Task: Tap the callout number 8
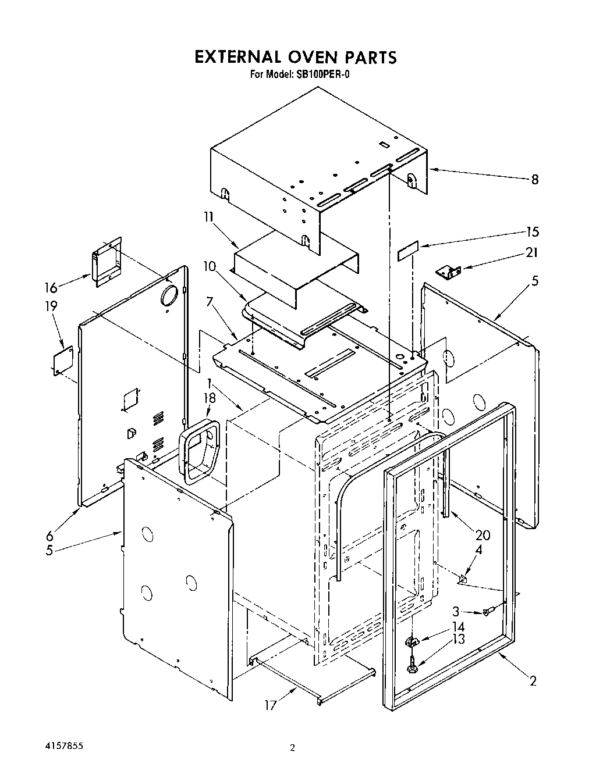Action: click(534, 180)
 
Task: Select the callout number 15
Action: click(532, 231)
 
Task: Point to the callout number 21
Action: click(531, 252)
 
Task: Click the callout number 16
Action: click(51, 288)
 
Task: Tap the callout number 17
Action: click(269, 705)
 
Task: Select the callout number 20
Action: click(483, 536)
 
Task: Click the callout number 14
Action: click(458, 627)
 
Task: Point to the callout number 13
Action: click(458, 640)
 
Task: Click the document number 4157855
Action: click(65, 744)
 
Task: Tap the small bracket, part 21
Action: click(449, 271)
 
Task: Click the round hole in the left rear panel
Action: click(169, 297)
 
